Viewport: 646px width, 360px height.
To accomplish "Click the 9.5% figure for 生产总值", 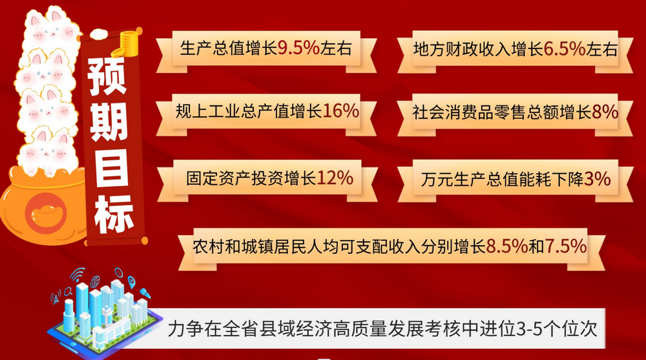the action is coord(298,48).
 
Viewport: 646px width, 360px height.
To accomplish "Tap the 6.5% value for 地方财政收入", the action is coord(565,49).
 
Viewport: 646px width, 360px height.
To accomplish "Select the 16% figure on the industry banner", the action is coord(340,111).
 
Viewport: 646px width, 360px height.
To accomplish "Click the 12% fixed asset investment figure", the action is coord(335,178).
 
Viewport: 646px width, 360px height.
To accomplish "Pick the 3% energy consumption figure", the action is coord(598,179).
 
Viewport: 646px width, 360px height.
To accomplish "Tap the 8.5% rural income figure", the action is coord(506,247).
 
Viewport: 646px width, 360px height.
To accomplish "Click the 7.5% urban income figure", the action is coord(566,247).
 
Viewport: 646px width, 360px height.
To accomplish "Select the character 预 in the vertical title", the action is coord(107,76).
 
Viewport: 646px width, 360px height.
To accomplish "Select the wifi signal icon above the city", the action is coord(77,275).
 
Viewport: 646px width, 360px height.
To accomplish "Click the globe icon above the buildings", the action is coord(95,282).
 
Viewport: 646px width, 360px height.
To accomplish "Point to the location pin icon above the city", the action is coord(131,282).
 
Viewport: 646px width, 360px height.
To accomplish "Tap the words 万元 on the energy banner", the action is coord(437,179).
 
